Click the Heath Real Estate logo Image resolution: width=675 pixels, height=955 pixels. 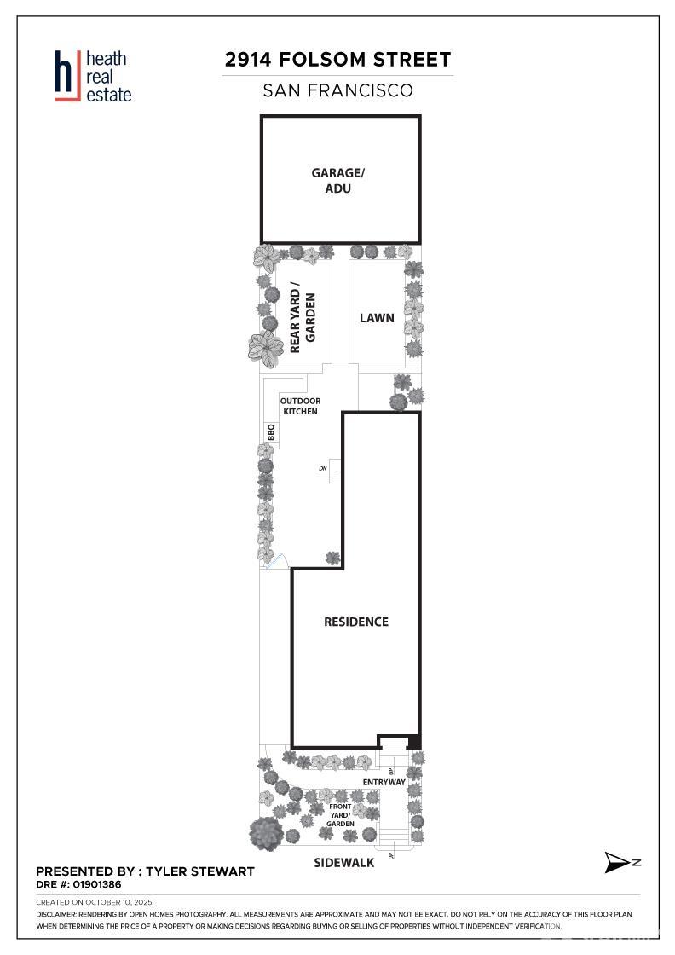(x=93, y=76)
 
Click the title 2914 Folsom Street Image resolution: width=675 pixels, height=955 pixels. (x=337, y=60)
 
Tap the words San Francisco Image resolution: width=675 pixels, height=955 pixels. (x=337, y=90)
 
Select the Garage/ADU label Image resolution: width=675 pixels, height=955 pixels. (x=337, y=180)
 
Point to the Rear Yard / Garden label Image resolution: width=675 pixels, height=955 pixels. (x=303, y=317)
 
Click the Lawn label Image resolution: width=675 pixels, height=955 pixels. (x=377, y=318)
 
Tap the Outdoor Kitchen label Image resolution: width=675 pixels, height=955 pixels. (x=300, y=406)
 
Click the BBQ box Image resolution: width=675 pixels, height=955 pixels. (x=272, y=431)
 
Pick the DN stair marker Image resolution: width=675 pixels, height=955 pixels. (x=323, y=468)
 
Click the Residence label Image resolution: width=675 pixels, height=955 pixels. (x=356, y=622)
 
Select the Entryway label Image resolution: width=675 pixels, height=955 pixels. (x=384, y=782)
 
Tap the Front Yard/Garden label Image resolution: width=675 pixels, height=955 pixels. (x=340, y=815)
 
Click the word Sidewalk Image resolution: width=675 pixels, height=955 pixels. (x=343, y=862)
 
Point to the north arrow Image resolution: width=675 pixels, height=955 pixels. (x=618, y=862)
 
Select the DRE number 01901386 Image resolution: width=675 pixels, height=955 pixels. (x=97, y=884)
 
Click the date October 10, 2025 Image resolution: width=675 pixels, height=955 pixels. (x=118, y=902)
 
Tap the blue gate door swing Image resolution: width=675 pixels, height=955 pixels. (x=278, y=561)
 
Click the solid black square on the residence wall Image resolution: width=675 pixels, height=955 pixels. (x=414, y=742)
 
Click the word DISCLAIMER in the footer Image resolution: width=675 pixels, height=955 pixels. (x=55, y=914)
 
